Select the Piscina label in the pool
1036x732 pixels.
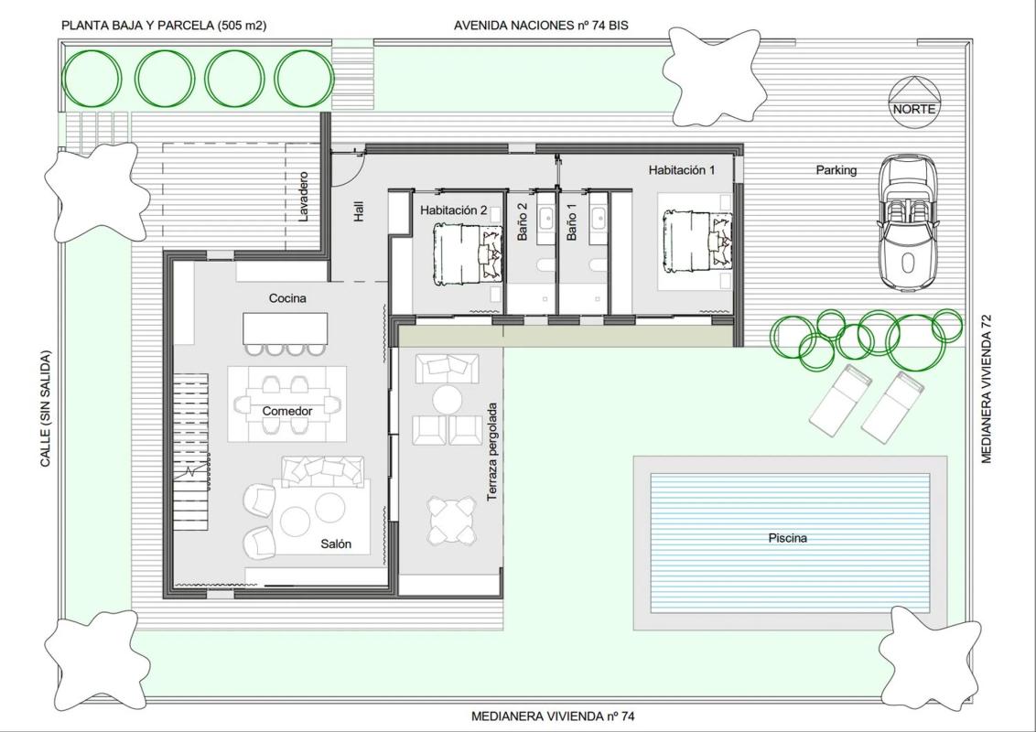point(788,538)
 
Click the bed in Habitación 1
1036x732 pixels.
point(697,242)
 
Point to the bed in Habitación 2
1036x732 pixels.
point(469,254)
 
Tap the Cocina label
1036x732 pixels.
point(287,298)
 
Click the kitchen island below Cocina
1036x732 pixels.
point(286,328)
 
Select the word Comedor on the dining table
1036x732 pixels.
point(286,411)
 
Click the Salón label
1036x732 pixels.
point(336,544)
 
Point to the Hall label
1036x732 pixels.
point(360,211)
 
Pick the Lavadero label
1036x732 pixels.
point(303,197)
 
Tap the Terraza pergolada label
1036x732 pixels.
point(492,452)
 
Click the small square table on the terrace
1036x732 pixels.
point(451,522)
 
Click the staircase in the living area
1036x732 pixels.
point(191,451)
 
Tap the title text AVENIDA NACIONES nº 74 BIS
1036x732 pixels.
point(541,26)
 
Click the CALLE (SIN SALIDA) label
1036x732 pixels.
point(46,409)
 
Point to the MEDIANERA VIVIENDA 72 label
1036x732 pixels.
point(987,389)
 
